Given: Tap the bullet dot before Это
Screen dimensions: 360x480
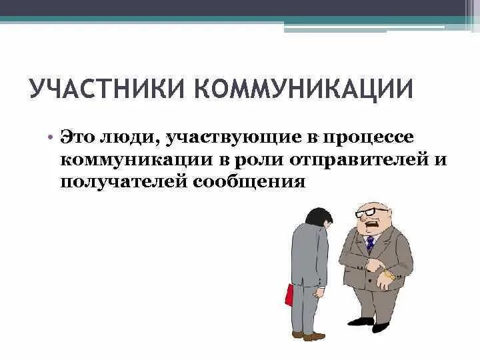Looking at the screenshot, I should pyautogui.click(x=50, y=137).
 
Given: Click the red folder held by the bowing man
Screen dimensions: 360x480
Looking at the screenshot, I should pyautogui.click(x=289, y=294).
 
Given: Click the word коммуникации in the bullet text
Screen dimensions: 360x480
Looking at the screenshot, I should pyautogui.click(x=139, y=159).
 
